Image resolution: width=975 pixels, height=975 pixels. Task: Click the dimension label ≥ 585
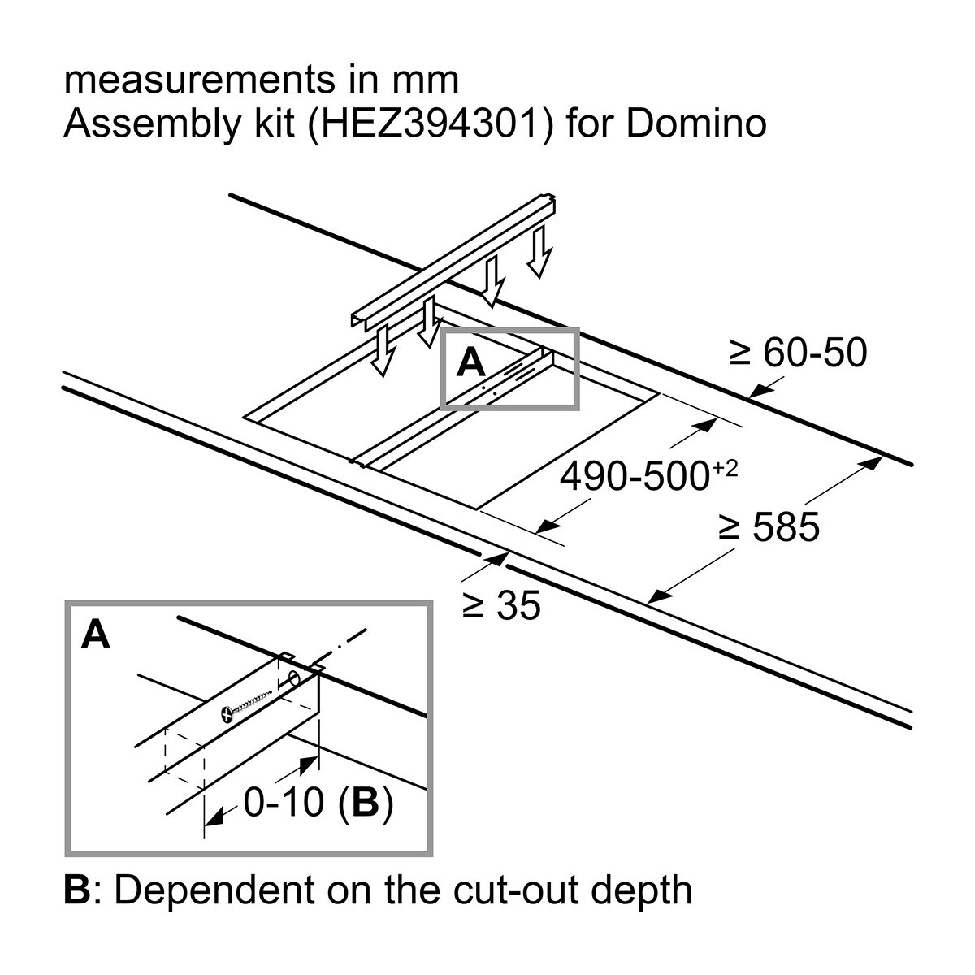coord(769,529)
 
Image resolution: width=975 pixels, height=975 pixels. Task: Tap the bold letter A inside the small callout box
coord(470,363)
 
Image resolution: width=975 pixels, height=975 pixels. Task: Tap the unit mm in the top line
coord(430,81)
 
